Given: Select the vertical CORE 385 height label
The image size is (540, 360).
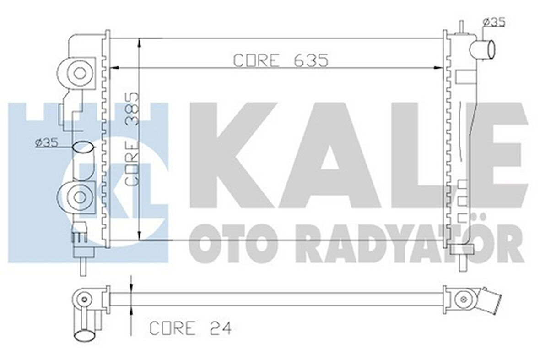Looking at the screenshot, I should click(x=132, y=138).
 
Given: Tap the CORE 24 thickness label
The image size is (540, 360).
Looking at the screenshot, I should click(x=191, y=328).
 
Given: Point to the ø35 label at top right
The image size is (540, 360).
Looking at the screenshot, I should click(x=494, y=22).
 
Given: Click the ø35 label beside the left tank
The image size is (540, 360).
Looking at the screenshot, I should click(x=46, y=143).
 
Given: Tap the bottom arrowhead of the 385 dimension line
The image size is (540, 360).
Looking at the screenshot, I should click(x=140, y=236).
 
